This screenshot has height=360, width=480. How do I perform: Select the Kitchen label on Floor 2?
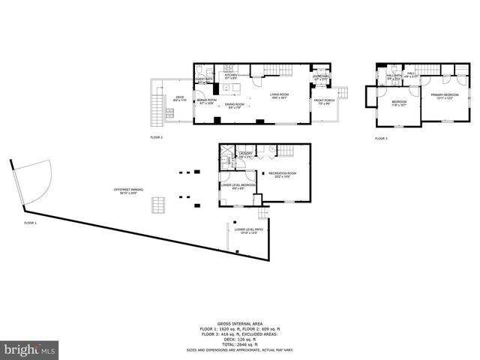coord(230,76)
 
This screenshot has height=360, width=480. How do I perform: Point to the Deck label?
coord(180,97)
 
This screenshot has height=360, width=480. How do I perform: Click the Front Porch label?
coord(323,101)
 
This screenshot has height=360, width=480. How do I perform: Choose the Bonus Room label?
coord(206,101)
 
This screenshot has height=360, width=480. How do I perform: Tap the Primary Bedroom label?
coord(444,95)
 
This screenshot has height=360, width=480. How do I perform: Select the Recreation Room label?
coord(283,174)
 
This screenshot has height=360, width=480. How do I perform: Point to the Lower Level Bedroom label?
coord(237,185)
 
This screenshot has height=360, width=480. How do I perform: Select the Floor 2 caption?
coord(156,138)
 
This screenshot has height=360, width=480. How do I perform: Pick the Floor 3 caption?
coord(381,138)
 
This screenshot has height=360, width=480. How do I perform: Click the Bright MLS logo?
coord(30,349)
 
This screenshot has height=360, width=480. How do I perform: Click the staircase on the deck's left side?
coord(157,109)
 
